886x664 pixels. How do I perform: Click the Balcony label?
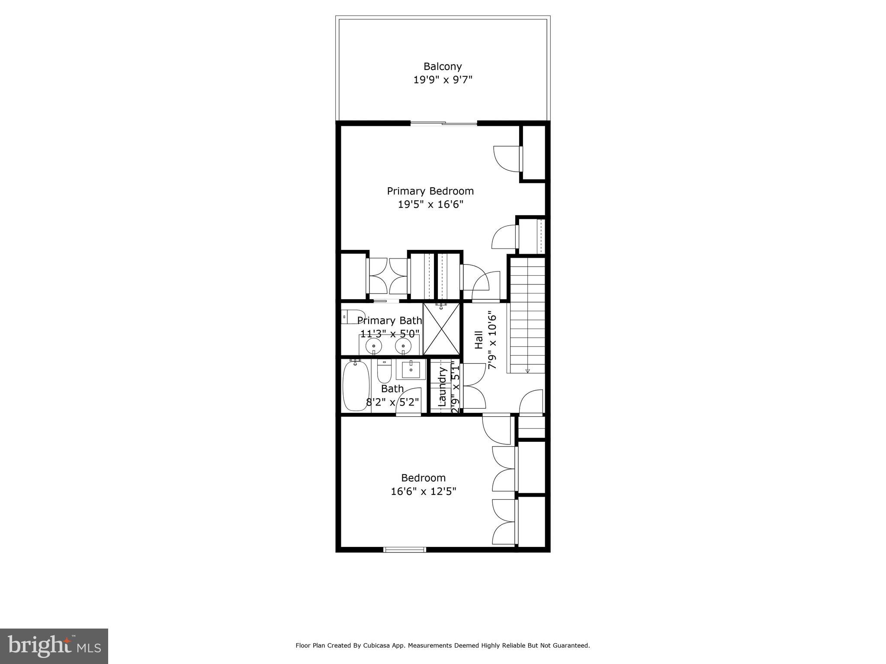(x=443, y=67)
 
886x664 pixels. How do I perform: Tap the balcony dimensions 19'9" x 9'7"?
(x=443, y=80)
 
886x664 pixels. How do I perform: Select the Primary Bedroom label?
(x=430, y=191)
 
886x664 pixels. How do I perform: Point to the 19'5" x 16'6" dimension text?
(x=430, y=204)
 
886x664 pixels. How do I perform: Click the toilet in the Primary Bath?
(x=352, y=317)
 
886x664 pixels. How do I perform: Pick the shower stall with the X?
(x=441, y=329)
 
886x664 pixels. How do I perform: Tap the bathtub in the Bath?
(x=356, y=385)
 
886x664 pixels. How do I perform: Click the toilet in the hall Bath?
(x=384, y=370)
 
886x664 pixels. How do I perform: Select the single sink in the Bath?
(x=411, y=370)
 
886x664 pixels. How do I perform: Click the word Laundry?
(x=442, y=386)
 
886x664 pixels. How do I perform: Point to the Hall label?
(x=479, y=340)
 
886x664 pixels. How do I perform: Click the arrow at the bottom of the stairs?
(x=527, y=370)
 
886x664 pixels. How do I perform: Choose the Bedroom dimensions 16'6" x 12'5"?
(x=424, y=492)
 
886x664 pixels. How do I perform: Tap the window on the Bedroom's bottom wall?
(x=405, y=549)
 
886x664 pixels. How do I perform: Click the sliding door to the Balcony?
(x=443, y=124)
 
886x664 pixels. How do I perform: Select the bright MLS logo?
(x=54, y=646)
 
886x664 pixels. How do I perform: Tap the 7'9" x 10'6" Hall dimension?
(x=492, y=340)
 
